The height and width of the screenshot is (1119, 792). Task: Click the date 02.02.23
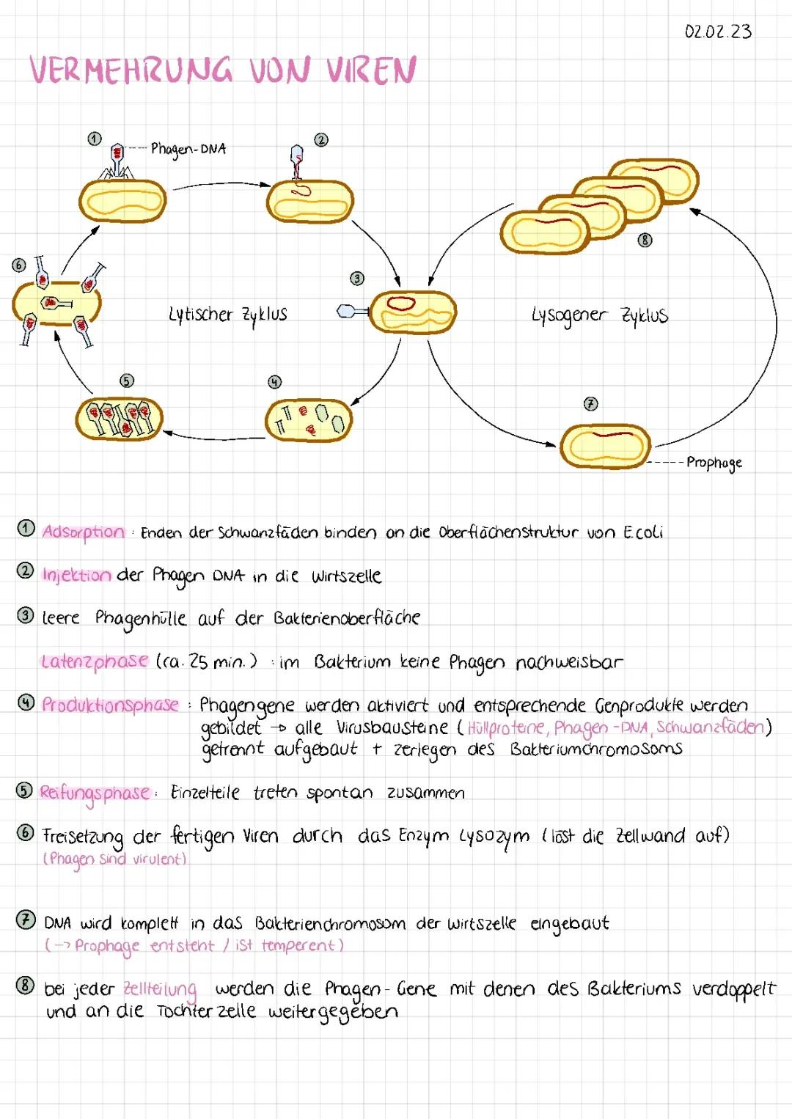pyautogui.click(x=717, y=32)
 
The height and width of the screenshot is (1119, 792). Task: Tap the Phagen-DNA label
pyautogui.click(x=188, y=149)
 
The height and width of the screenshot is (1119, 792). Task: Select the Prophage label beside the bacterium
pyautogui.click(x=714, y=463)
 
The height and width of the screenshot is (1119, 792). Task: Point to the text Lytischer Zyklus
pyautogui.click(x=228, y=315)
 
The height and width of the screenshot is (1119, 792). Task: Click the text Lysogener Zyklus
pyautogui.click(x=600, y=315)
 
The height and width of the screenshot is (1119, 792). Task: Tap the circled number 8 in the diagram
pyautogui.click(x=645, y=240)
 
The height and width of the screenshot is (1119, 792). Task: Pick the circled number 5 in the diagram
pyautogui.click(x=127, y=381)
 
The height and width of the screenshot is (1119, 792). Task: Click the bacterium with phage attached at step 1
pyautogui.click(x=122, y=200)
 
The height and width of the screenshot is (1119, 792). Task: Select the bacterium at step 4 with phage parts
pyautogui.click(x=309, y=420)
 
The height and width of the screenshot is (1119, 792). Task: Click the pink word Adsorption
pyautogui.click(x=83, y=532)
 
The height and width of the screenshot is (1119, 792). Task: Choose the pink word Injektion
pyautogui.click(x=76, y=575)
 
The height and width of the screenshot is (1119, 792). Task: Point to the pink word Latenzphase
pyautogui.click(x=95, y=661)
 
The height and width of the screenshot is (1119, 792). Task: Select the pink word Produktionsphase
pyautogui.click(x=110, y=705)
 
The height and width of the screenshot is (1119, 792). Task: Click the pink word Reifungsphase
pyautogui.click(x=95, y=793)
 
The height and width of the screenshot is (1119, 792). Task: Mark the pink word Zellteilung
pyautogui.click(x=160, y=989)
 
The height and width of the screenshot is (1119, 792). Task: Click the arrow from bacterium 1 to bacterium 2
pyautogui.click(x=220, y=185)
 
